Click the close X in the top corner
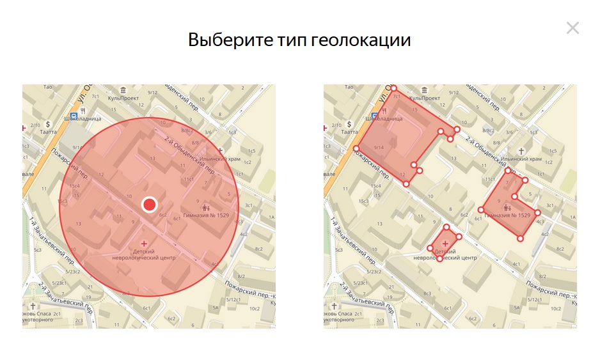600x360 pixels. [572, 27]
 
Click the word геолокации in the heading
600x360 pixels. [361, 40]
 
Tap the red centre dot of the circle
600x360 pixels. [149, 204]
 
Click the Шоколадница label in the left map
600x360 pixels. [81, 118]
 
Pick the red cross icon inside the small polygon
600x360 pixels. [445, 244]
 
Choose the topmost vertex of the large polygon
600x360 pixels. [394, 88]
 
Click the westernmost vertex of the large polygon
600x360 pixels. [356, 149]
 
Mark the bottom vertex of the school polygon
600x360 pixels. [520, 239]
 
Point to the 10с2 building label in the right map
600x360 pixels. [556, 309]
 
